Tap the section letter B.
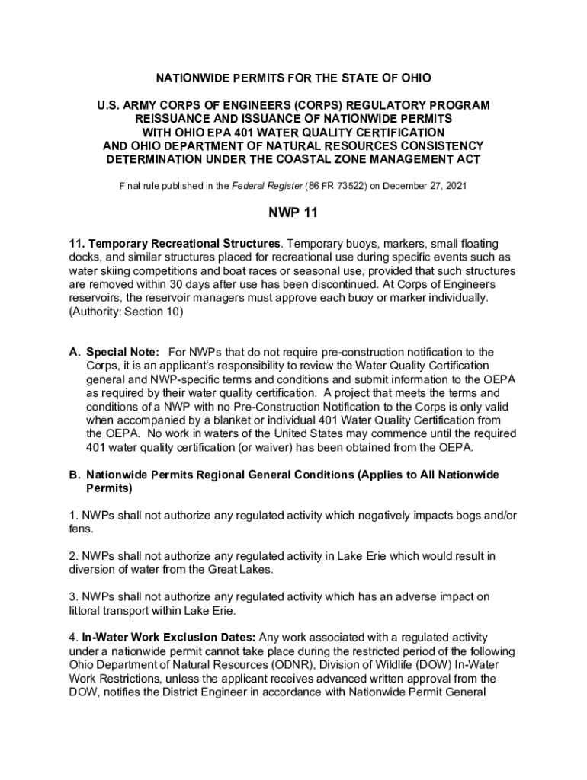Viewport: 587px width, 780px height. pyautogui.click(x=75, y=475)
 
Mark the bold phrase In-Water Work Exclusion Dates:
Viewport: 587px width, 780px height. pyautogui.click(x=171, y=637)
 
